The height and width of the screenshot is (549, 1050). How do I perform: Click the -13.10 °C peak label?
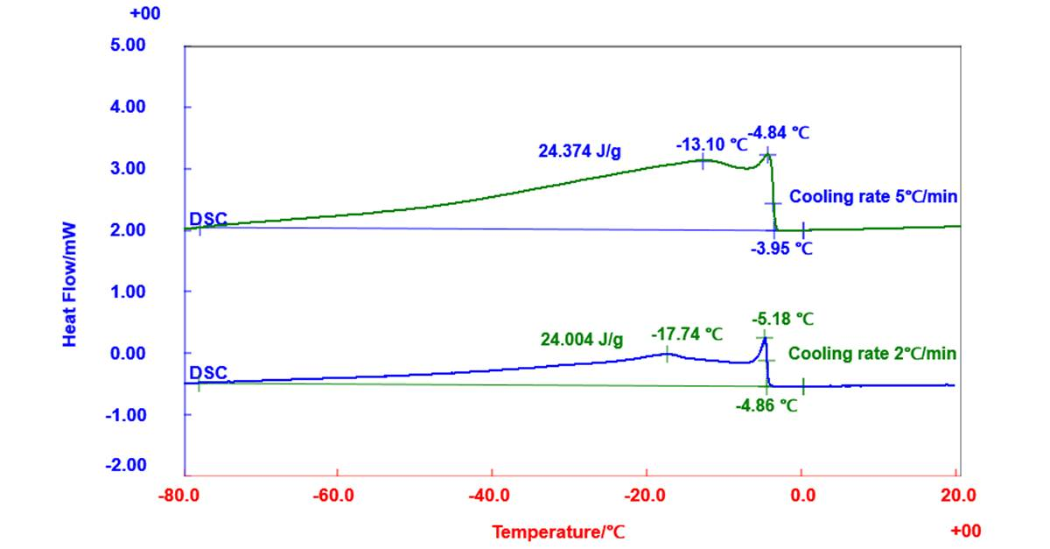(x=711, y=144)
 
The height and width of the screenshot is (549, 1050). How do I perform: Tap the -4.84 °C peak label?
(x=779, y=133)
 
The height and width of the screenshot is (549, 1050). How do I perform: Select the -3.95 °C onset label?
(x=781, y=248)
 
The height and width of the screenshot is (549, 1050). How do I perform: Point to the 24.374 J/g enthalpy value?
(x=580, y=151)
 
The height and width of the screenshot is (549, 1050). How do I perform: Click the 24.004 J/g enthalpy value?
(x=582, y=339)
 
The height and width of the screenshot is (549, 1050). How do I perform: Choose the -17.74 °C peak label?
(x=687, y=334)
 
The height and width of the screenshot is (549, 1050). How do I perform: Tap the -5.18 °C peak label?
(x=783, y=319)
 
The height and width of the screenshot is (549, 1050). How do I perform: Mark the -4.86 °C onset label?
(x=766, y=405)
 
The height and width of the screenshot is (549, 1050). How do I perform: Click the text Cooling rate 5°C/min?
(x=873, y=196)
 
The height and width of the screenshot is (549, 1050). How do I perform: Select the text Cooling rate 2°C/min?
(x=872, y=354)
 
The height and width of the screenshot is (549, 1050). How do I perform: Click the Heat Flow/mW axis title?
(x=69, y=285)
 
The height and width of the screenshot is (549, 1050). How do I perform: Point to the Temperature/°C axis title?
(x=558, y=532)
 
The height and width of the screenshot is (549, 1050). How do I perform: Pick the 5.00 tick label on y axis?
(x=128, y=45)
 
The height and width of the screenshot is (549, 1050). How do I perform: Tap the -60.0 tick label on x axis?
(x=333, y=495)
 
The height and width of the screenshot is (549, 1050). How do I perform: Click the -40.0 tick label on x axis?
(x=489, y=495)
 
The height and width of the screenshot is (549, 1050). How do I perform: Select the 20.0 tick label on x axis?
(x=958, y=495)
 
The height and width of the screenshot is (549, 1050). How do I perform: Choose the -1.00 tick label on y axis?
(x=126, y=415)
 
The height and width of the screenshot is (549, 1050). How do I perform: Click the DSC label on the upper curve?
(x=208, y=219)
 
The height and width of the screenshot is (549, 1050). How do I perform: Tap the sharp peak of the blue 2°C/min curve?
(x=765, y=338)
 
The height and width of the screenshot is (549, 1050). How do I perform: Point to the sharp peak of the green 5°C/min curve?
(x=768, y=154)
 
